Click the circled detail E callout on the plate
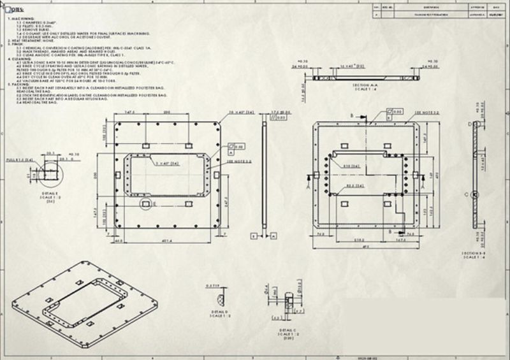(146, 203)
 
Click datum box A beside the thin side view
(272, 235)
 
